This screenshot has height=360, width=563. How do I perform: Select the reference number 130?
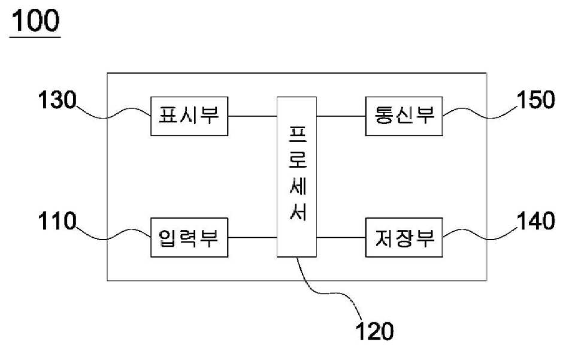[x=57, y=100]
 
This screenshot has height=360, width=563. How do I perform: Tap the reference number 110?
[x=57, y=221]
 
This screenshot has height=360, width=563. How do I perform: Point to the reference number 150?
[x=535, y=100]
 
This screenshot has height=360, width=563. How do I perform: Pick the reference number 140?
[x=535, y=221]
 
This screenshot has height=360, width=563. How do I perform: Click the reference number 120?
[x=374, y=331]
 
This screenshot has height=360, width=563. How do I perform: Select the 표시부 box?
[x=189, y=116]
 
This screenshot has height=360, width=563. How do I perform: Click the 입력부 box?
[x=189, y=237]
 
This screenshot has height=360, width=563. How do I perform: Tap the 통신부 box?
[x=404, y=116]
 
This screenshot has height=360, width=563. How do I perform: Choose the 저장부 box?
[x=404, y=237]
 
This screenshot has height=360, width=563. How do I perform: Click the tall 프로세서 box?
[x=296, y=177]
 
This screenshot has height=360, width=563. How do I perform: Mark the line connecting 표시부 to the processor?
[x=252, y=116]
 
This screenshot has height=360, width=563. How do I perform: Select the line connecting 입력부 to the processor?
[x=252, y=237]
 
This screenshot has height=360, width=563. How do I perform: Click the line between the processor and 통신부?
[x=341, y=116]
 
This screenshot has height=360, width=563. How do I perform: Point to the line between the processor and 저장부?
[x=341, y=237]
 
